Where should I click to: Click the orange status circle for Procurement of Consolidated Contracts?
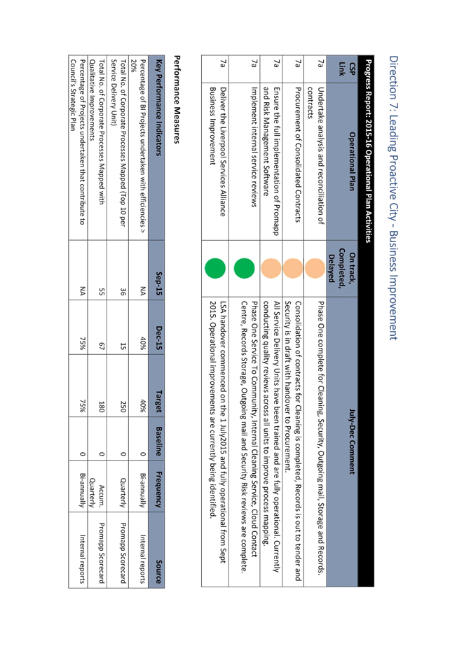(292, 268)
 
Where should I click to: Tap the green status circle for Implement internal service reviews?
(244, 268)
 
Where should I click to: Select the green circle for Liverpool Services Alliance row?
(215, 268)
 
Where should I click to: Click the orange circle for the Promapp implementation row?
(271, 268)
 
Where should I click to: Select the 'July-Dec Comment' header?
(351, 441)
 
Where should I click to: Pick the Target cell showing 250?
(123, 407)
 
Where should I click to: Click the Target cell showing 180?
(101, 407)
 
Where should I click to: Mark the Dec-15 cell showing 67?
(101, 346)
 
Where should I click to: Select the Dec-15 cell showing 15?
(123, 346)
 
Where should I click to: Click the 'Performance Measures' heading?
(177, 99)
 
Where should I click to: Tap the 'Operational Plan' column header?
(351, 161)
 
